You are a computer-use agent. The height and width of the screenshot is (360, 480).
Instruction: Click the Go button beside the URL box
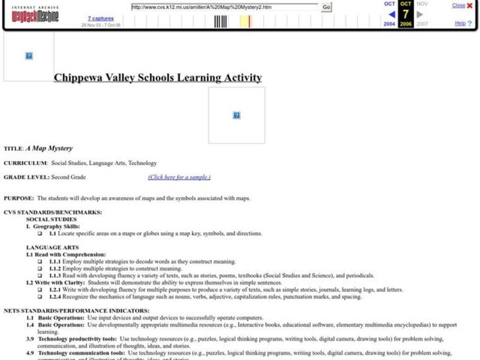tap(326, 7)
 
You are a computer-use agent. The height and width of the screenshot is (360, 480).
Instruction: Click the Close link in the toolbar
tap(458, 5)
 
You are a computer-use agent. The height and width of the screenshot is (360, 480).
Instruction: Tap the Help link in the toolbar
tap(460, 23)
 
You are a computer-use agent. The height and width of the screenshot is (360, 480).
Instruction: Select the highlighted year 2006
tap(406, 24)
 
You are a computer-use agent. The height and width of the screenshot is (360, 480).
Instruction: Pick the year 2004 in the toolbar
tap(389, 24)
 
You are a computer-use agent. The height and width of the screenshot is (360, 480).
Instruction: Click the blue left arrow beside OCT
tap(391, 14)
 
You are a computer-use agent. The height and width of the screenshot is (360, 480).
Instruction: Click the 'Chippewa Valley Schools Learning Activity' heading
tap(158, 77)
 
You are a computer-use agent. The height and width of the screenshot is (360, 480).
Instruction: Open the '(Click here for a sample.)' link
tap(179, 177)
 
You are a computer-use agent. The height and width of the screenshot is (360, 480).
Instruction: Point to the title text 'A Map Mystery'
tap(49, 148)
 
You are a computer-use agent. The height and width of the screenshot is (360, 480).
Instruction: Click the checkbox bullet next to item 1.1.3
tap(40, 276)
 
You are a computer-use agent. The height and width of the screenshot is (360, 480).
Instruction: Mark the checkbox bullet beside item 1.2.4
tap(40, 297)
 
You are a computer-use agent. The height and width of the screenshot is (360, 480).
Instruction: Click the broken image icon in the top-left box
tap(29, 56)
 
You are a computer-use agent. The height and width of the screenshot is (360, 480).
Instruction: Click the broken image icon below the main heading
tap(236, 115)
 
